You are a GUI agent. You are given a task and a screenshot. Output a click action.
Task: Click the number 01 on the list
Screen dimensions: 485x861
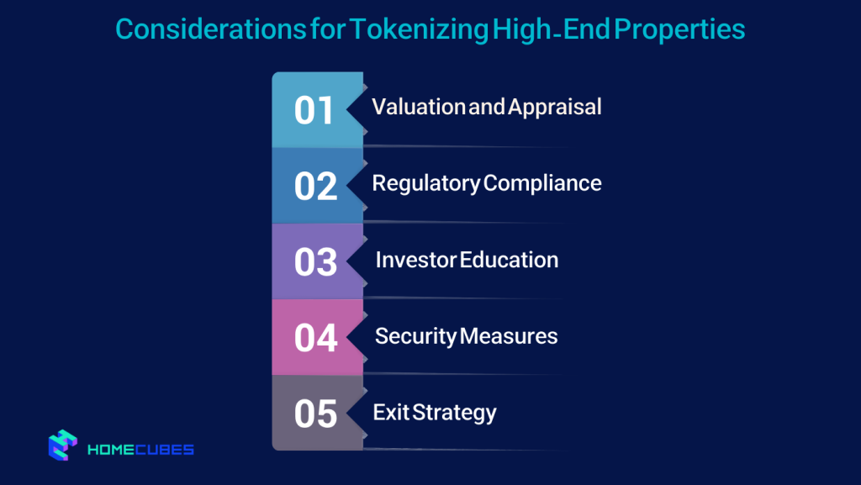[x=314, y=110]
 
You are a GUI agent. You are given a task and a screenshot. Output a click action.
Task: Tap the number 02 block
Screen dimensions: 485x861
[x=315, y=186]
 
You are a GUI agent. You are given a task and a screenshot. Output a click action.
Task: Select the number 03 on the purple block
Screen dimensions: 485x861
[x=315, y=261]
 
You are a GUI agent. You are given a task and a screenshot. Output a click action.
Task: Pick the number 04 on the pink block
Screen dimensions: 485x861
[x=315, y=337]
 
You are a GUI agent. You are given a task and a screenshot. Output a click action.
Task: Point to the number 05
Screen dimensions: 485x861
[x=315, y=413]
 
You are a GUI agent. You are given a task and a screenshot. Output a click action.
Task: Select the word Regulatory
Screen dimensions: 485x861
[x=425, y=183]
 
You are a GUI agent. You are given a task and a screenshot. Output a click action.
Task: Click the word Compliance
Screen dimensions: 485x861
[x=543, y=183]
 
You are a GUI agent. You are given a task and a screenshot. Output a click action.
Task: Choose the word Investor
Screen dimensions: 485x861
[x=415, y=260]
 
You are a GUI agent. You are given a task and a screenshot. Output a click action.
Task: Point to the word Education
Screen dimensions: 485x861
[x=510, y=260]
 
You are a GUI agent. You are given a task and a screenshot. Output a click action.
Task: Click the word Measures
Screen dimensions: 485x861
[x=510, y=336]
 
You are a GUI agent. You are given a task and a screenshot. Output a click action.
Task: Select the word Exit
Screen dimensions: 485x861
[x=389, y=413]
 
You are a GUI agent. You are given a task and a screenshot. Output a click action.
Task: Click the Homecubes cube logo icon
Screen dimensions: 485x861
[x=63, y=446]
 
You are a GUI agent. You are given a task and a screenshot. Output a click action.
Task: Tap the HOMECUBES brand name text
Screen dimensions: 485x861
[x=141, y=450]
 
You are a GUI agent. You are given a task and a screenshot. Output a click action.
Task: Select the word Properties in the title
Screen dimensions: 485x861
[x=679, y=30]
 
